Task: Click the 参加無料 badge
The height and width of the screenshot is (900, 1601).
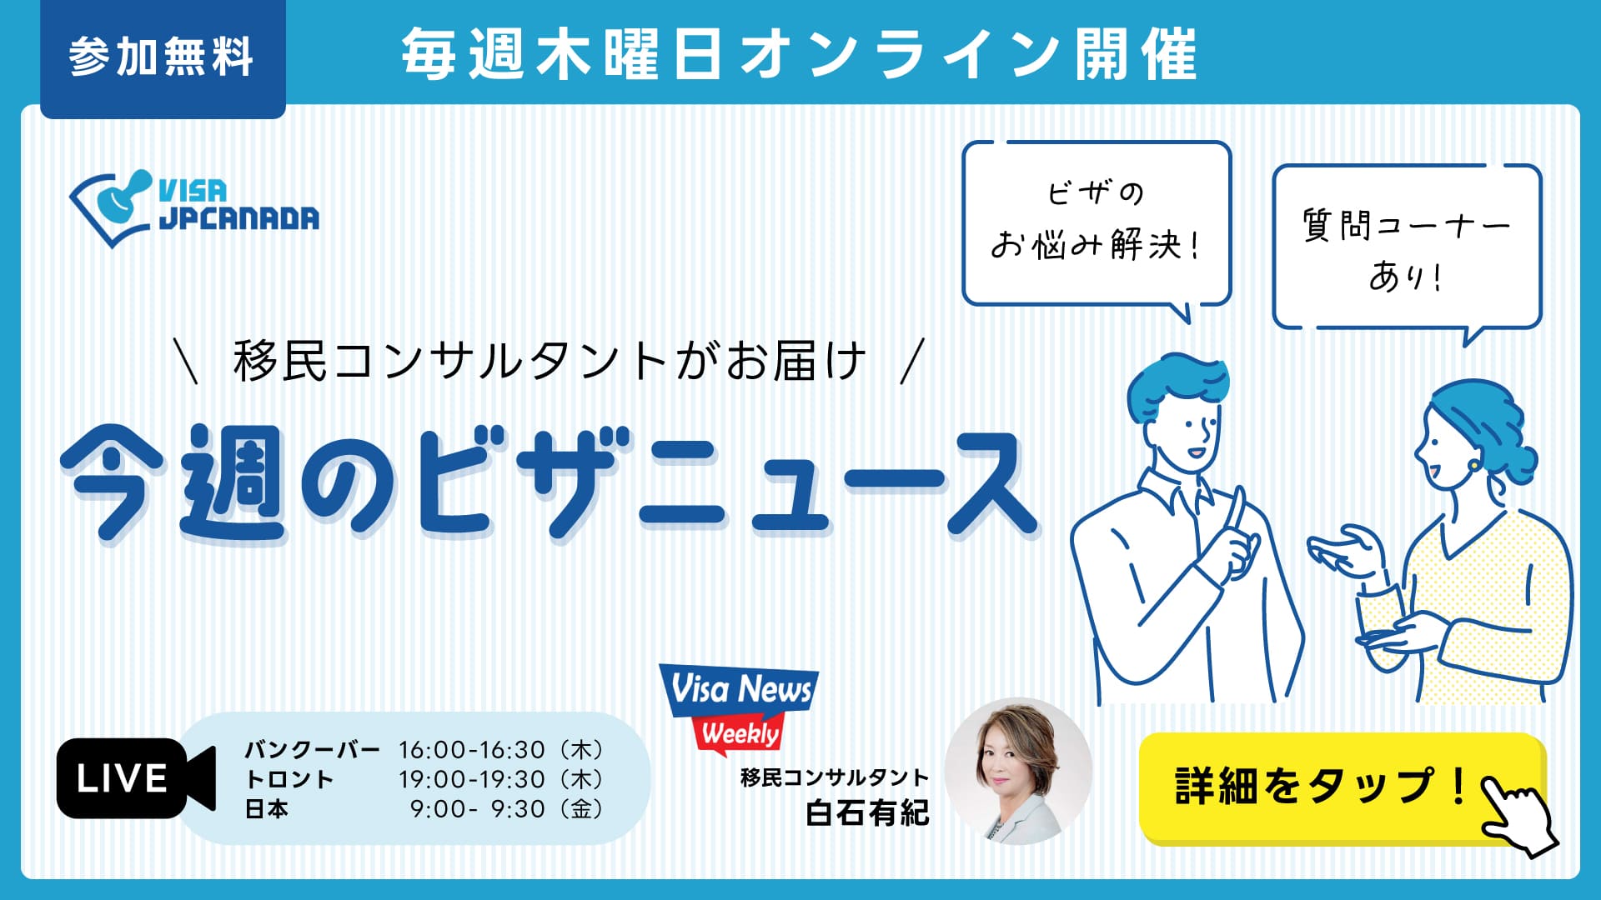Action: [x=163, y=58]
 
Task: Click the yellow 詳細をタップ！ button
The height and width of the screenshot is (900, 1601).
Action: [x=1343, y=787]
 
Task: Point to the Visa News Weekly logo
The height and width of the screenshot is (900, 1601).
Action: [x=739, y=708]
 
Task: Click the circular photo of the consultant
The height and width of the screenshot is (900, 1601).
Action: [x=1018, y=771]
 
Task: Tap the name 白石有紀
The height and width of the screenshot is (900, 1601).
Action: [x=867, y=812]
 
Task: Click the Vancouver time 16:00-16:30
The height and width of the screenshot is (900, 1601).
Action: [x=471, y=750]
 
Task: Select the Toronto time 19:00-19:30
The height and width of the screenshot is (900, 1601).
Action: [x=471, y=779]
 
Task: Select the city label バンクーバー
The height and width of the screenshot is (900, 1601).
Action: [x=312, y=750]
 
